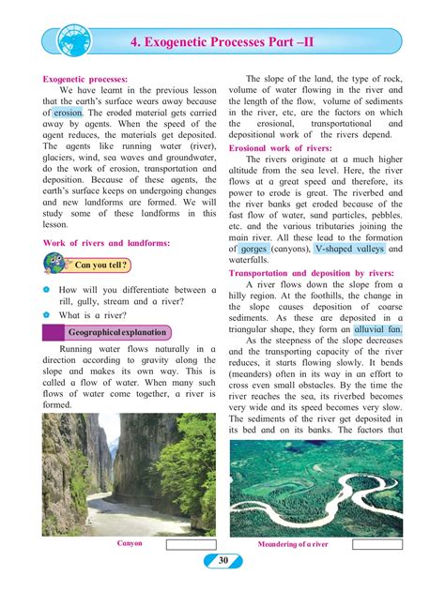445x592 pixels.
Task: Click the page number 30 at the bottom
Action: [222, 561]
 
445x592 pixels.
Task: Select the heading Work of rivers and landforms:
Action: [106, 244]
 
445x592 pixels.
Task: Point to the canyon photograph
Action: [129, 474]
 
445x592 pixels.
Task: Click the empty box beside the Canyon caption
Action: [191, 543]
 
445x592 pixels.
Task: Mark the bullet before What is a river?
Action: [49, 316]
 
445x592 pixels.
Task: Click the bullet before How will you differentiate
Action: [49, 289]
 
